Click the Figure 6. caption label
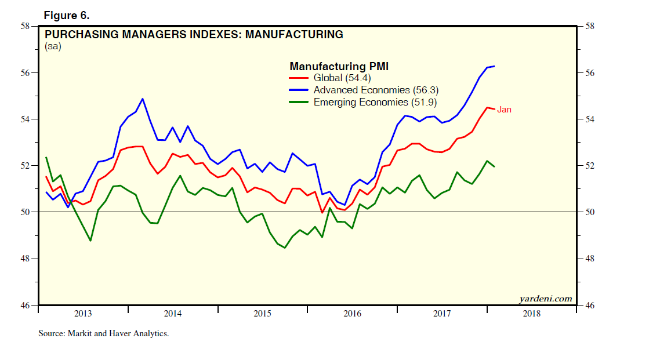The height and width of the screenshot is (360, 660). [67, 14]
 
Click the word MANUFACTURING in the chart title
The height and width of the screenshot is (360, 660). [294, 34]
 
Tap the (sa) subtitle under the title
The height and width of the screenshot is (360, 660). [53, 47]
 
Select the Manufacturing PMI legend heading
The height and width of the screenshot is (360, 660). [339, 66]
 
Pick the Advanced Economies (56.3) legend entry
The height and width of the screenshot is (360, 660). [375, 90]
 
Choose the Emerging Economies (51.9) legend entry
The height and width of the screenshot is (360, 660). [375, 102]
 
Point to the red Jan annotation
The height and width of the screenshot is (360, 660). [504, 109]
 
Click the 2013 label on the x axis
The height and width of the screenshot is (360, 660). [83, 314]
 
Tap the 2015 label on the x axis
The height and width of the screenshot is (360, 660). [263, 314]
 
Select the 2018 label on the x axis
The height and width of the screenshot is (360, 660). [532, 314]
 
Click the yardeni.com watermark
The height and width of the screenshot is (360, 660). [545, 299]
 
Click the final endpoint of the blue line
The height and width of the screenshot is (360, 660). [494, 66]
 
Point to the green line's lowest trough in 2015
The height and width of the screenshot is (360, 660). [285, 248]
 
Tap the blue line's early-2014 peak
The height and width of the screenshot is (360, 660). [143, 99]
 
